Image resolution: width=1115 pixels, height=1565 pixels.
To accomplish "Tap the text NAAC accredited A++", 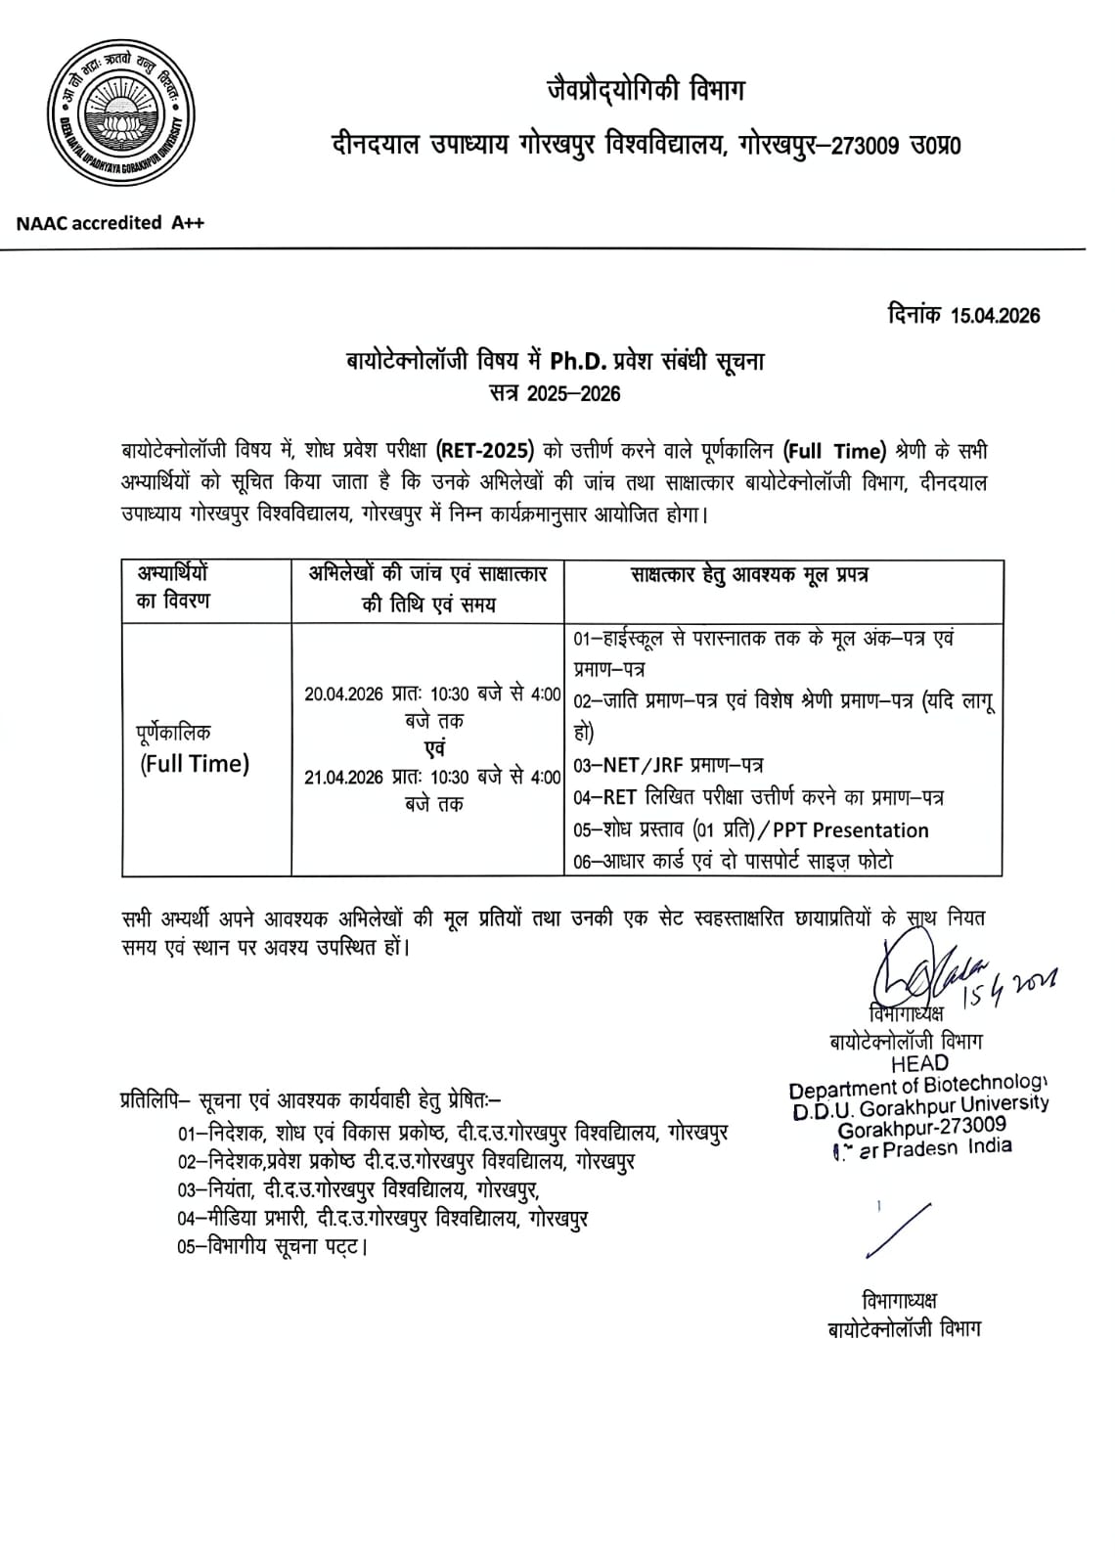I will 111,223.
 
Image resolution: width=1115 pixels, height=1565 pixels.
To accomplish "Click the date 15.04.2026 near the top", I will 994,315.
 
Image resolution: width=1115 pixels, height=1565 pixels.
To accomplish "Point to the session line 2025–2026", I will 555,393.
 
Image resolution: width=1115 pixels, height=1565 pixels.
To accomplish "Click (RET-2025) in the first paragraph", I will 485,451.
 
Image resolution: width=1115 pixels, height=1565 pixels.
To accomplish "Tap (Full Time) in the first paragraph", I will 834,451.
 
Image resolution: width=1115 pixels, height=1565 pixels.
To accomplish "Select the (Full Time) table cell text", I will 194,764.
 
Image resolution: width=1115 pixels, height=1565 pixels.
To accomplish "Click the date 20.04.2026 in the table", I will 343,694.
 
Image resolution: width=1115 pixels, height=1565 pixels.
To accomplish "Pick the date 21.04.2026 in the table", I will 343,778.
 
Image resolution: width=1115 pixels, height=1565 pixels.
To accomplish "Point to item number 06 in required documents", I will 583,862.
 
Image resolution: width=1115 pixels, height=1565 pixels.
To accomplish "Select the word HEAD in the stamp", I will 919,1063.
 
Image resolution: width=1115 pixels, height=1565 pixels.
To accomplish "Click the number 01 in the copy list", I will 188,1133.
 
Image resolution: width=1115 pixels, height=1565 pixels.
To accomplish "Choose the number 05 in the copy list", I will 188,1247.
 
